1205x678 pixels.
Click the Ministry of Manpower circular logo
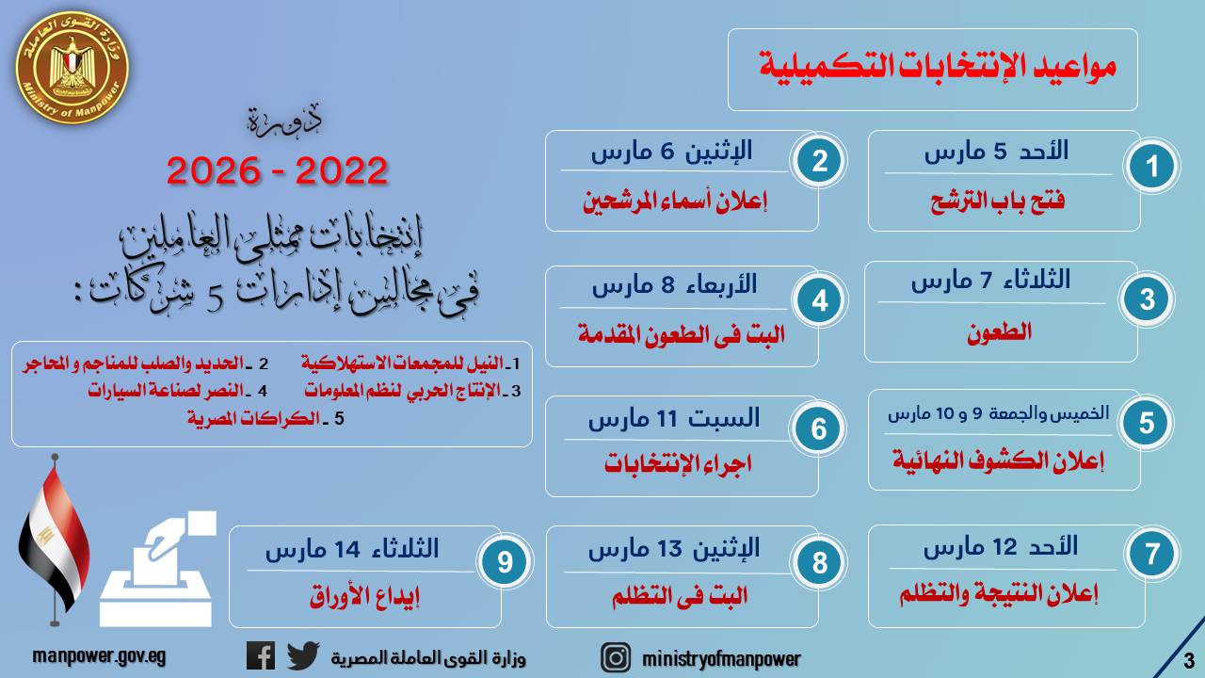tap(72, 68)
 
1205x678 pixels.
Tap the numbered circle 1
tap(1151, 167)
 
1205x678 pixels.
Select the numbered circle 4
tap(819, 300)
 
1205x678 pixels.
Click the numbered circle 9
tap(505, 562)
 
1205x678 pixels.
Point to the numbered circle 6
tap(818, 428)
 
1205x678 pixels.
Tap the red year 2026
tap(213, 170)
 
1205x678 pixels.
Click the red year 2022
tap(342, 170)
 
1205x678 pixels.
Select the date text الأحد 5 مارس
tap(996, 152)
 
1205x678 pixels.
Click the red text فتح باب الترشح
tap(997, 202)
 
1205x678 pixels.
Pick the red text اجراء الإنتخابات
tap(678, 462)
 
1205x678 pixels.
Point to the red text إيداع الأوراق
tap(364, 596)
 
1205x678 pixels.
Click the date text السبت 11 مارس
tap(674, 419)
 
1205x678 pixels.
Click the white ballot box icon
tap(157, 569)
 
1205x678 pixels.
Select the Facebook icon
tap(261, 656)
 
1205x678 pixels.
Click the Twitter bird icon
tap(303, 655)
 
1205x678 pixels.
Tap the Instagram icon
tap(616, 657)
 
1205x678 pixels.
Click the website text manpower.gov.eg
tap(99, 656)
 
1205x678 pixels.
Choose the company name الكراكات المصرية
tap(253, 418)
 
